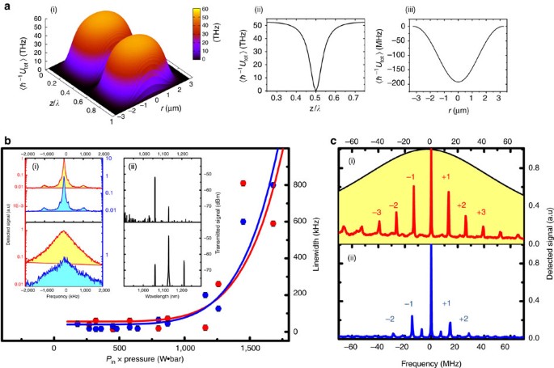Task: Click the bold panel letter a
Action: [x=6, y=6]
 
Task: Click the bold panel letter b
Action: [x=6, y=141]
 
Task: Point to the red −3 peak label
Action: [x=377, y=212]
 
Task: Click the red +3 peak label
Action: [x=481, y=212]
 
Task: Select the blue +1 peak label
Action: [x=446, y=302]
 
